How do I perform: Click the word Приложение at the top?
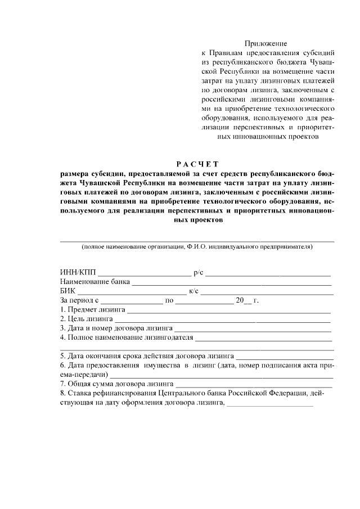point(265,43)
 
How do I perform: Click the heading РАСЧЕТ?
point(197,164)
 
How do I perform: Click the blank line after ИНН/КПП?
point(144,274)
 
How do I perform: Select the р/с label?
point(198,273)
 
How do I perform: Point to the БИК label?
point(67,291)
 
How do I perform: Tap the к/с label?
point(193,291)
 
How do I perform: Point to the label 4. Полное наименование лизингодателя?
point(127,337)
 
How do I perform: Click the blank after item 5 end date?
point(285,357)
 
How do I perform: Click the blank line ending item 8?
point(269,403)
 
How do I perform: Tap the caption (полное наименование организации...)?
point(197,246)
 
